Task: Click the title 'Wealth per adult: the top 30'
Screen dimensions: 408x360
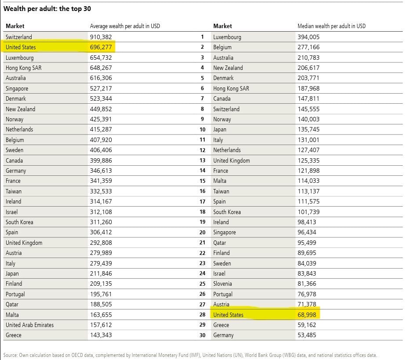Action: (47, 9)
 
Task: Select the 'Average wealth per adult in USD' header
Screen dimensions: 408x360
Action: (125, 26)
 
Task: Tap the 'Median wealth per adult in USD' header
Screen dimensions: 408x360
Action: (331, 26)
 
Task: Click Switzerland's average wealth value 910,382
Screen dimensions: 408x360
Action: (101, 37)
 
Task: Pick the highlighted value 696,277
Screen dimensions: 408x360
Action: (101, 47)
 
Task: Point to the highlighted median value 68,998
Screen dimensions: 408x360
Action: (307, 315)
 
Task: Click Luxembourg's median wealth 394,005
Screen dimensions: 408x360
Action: (309, 37)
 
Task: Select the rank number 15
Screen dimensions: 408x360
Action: (202, 181)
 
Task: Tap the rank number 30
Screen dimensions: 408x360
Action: (202, 335)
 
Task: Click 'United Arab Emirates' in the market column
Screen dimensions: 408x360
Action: (29, 325)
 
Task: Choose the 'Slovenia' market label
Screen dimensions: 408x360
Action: (222, 284)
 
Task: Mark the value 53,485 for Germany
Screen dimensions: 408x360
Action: (307, 335)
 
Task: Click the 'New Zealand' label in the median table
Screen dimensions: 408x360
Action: (228, 68)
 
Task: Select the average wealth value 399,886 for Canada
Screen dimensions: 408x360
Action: (101, 160)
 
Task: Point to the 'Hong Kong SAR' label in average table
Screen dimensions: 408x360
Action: (24, 68)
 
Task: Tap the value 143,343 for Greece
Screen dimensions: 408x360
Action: (101, 335)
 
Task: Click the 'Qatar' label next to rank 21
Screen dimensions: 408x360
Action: (220, 243)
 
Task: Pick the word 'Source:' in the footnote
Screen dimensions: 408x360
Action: (11, 355)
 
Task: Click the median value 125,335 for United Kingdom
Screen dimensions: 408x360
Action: (309, 160)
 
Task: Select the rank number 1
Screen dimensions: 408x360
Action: (202, 37)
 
